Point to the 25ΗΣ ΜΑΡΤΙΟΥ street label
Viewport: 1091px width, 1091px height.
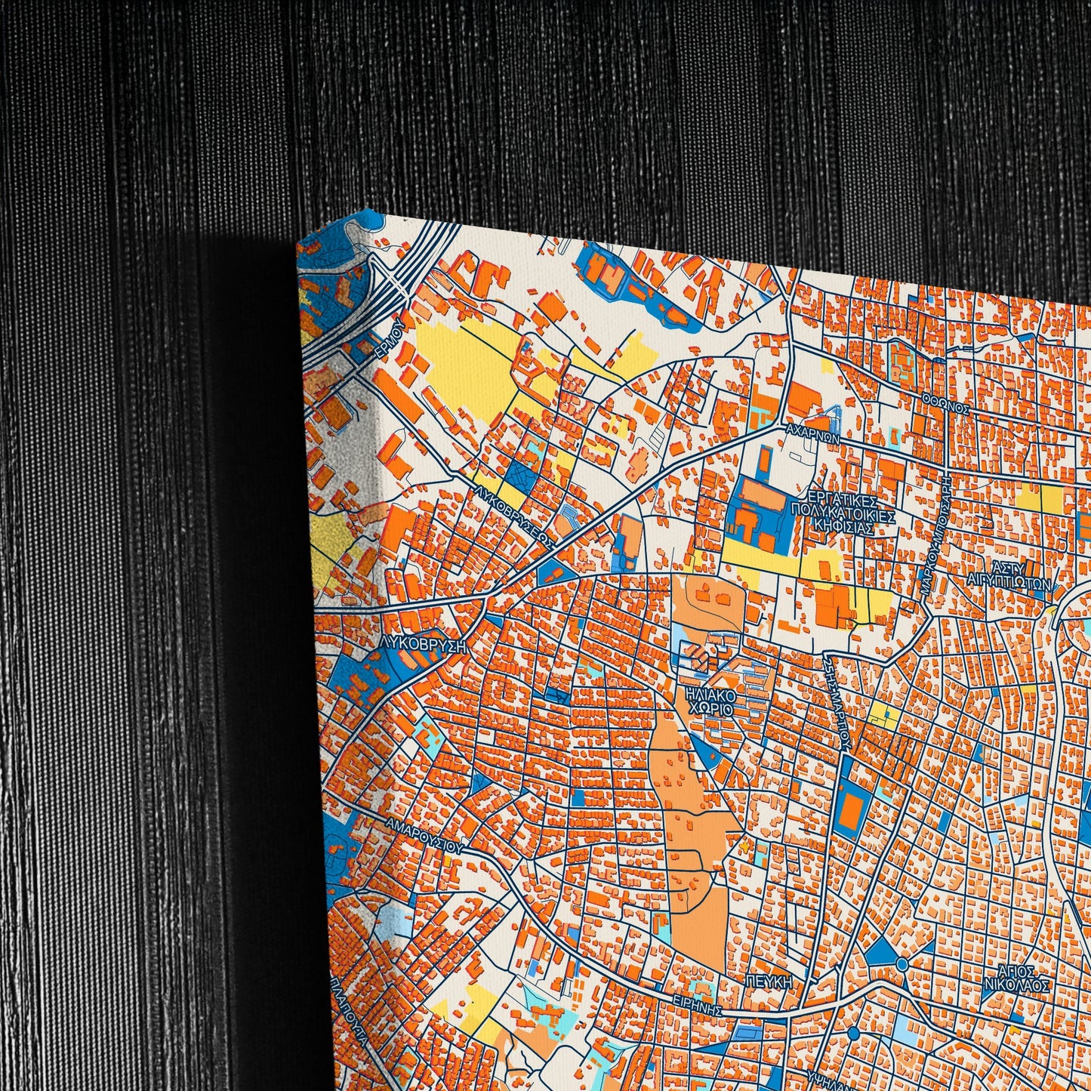pos(838,699)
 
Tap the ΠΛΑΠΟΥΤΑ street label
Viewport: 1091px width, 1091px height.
pos(348,1012)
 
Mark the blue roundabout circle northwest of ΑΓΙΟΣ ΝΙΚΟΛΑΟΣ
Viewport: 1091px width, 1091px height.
pos(903,964)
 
